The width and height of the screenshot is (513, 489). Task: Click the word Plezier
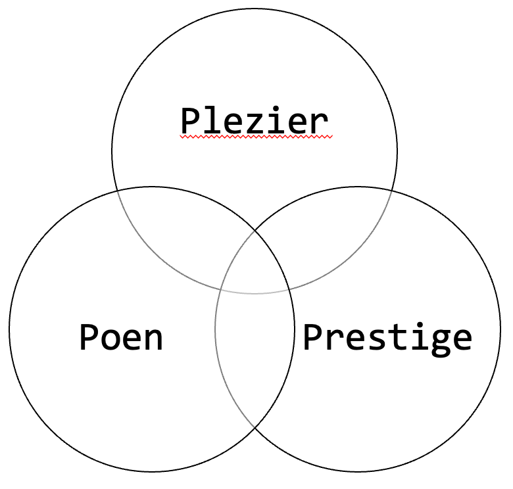pyautogui.click(x=255, y=120)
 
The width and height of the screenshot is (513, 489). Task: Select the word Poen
pyautogui.click(x=121, y=337)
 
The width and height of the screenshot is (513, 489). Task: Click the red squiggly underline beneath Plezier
pyautogui.click(x=256, y=137)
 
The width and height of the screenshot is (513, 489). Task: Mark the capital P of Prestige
pyautogui.click(x=314, y=337)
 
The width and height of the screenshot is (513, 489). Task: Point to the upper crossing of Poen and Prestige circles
pyautogui.click(x=255, y=231)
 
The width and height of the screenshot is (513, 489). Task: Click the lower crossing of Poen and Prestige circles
pyautogui.click(x=255, y=428)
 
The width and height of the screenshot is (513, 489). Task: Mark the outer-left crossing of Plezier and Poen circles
pyautogui.click(x=117, y=191)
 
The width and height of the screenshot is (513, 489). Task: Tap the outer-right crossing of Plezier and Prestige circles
pyautogui.click(x=392, y=191)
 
